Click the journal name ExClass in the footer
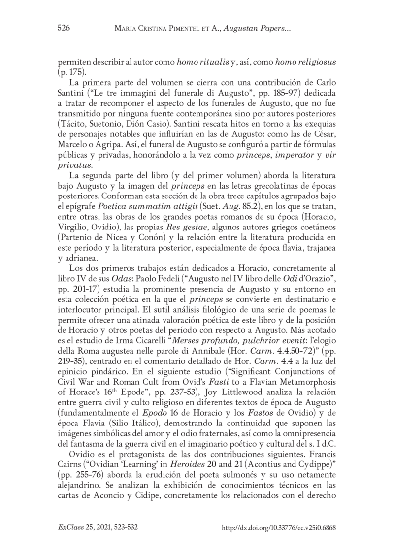coord(71,527)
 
